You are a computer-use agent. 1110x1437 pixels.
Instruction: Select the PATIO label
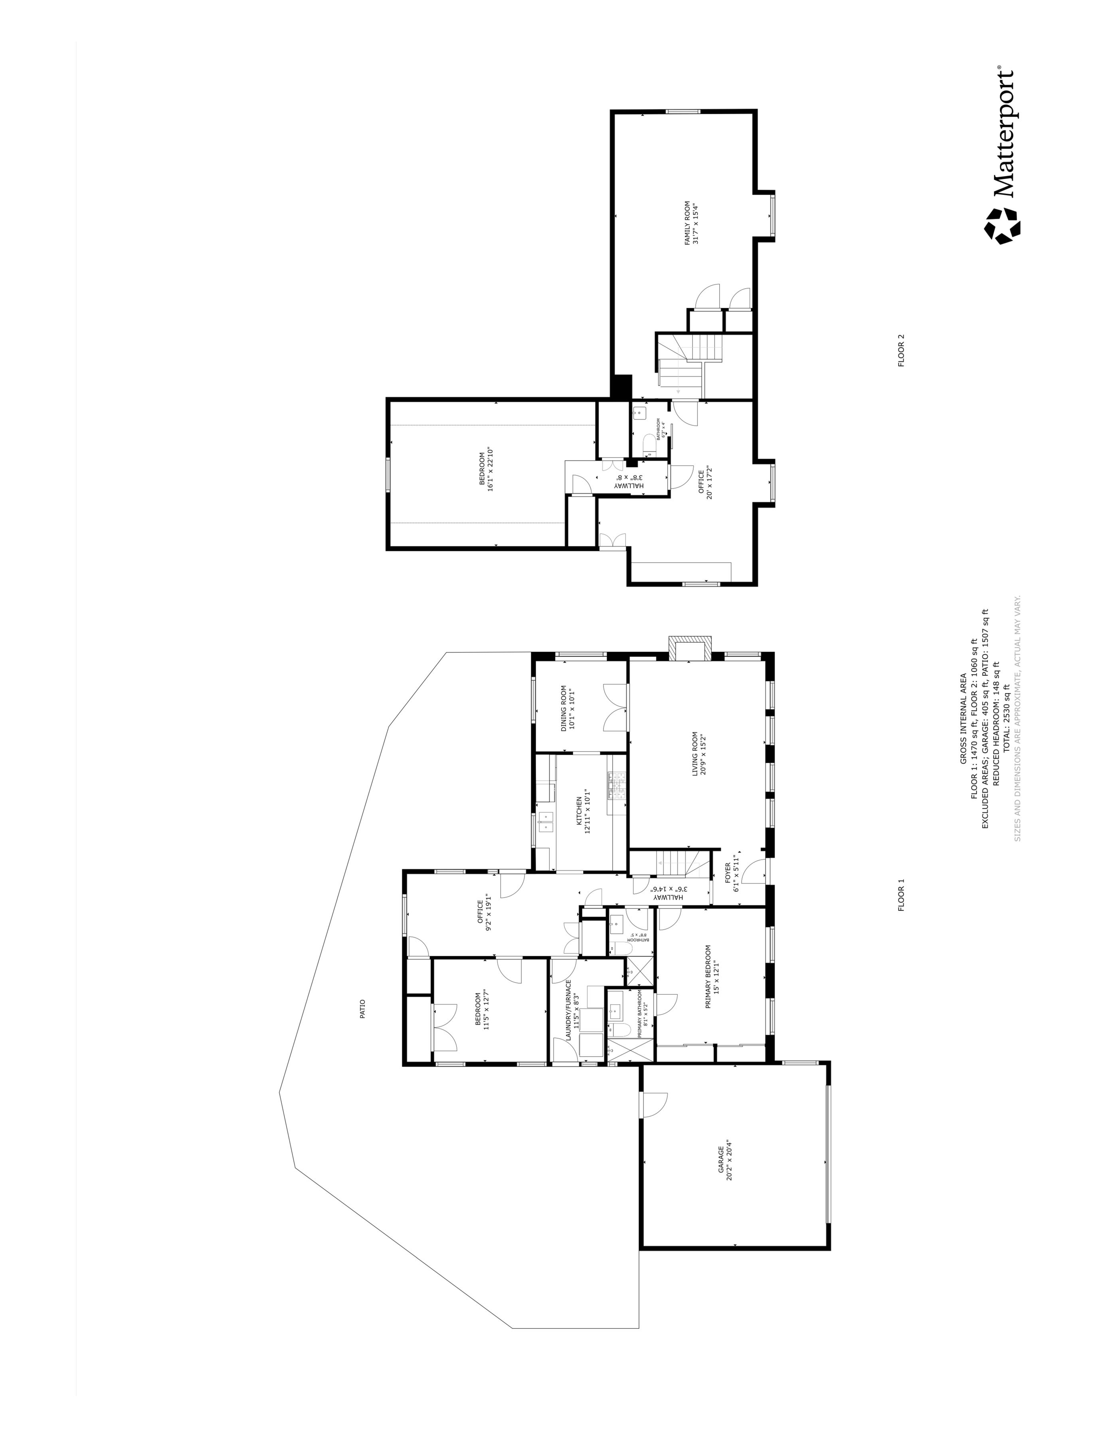(x=362, y=1009)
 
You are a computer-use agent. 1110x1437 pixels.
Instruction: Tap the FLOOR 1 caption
(x=901, y=895)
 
